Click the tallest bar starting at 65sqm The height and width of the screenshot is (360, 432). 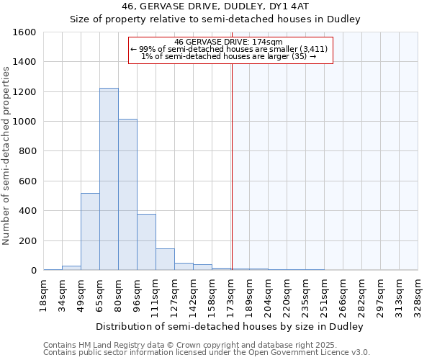click(109, 180)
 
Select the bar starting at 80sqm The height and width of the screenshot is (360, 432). click(127, 194)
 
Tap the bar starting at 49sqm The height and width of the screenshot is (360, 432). click(90, 232)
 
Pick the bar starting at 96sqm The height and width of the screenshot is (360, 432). click(146, 242)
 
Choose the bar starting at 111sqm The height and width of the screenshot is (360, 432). click(165, 259)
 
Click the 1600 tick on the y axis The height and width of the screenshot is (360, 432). click(24, 32)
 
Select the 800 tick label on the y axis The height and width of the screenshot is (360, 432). click(27, 151)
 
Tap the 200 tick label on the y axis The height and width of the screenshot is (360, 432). click(27, 240)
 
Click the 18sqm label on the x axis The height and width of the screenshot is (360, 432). click(44, 293)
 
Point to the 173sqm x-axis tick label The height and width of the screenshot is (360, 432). click(231, 293)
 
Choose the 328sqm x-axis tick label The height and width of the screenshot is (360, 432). click(418, 293)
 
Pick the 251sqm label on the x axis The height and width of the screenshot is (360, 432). click(325, 293)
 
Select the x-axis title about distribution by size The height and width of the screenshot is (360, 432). click(230, 326)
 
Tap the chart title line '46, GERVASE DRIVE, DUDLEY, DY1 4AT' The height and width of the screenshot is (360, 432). click(215, 6)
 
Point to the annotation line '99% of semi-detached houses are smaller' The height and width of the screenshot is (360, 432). click(228, 49)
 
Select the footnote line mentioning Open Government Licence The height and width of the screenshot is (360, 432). click(206, 353)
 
